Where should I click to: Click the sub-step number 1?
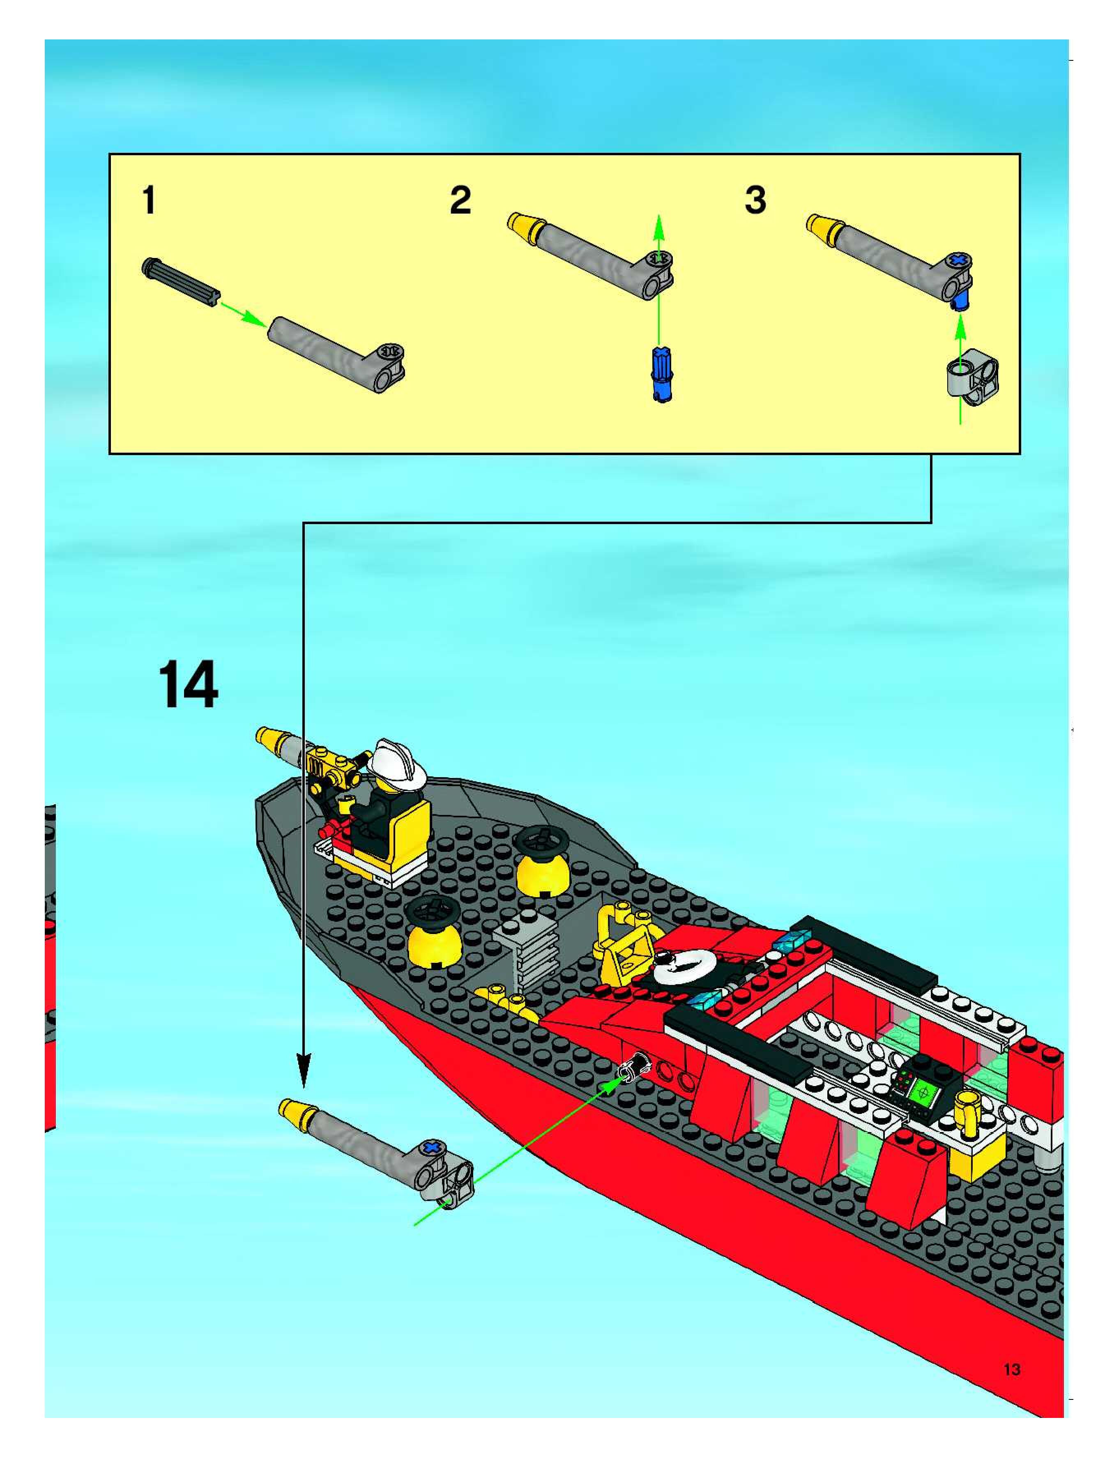point(149,200)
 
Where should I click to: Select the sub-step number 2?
point(460,200)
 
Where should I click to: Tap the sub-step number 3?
point(755,200)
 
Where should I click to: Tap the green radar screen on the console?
point(925,1092)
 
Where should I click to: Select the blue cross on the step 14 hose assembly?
point(432,1148)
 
